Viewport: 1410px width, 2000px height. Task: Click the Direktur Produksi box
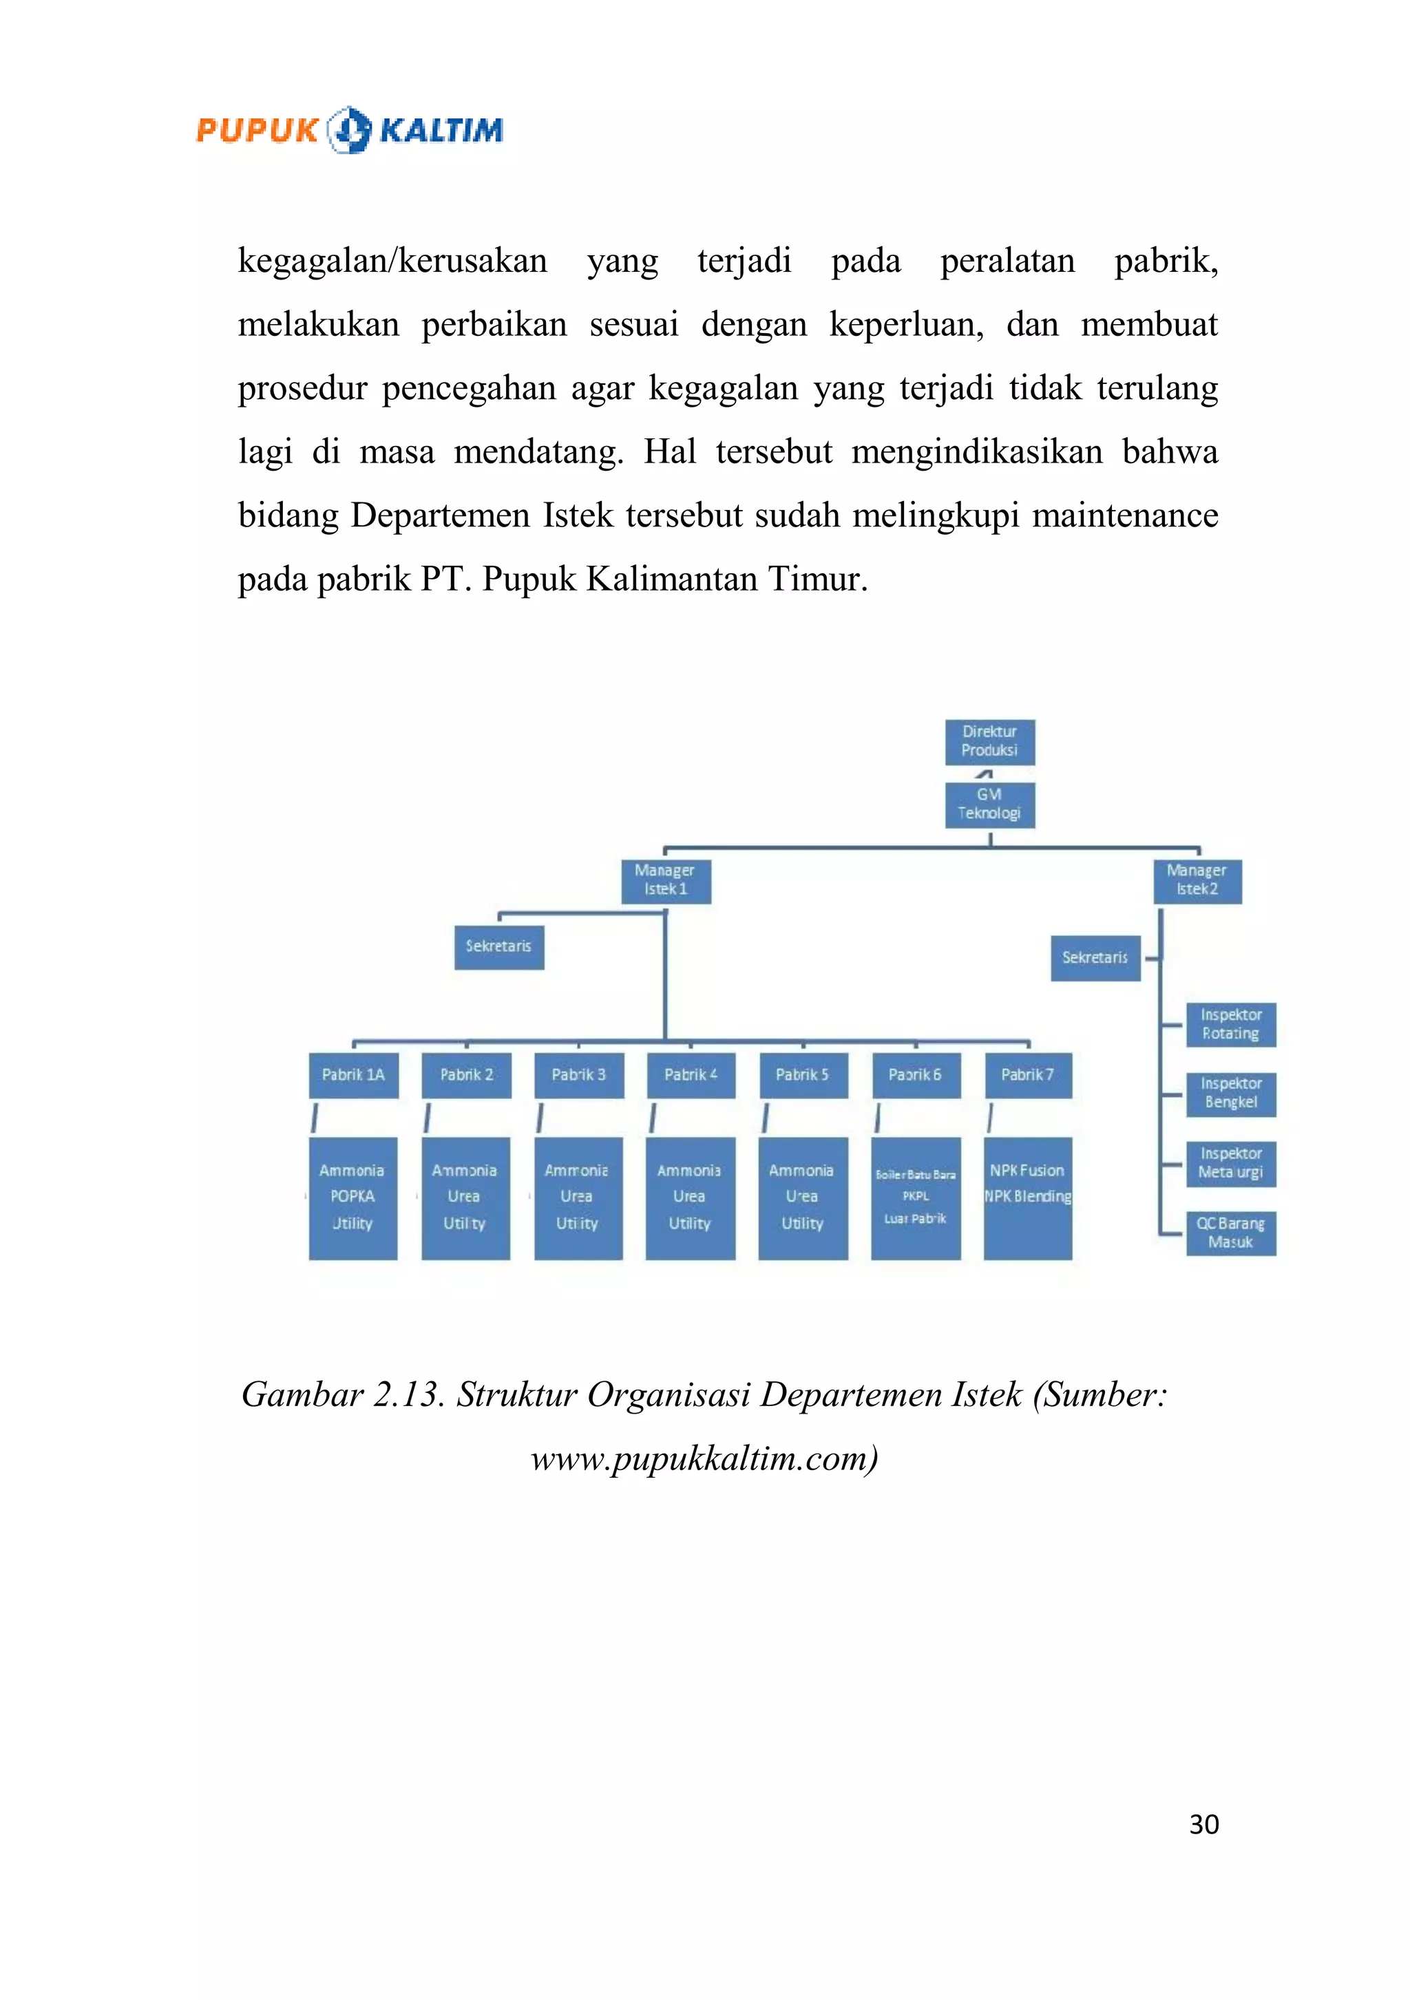tap(989, 741)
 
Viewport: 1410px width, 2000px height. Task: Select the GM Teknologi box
tap(989, 804)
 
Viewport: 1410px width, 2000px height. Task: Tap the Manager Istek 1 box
tap(665, 881)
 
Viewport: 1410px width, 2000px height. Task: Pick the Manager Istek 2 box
tap(1197, 881)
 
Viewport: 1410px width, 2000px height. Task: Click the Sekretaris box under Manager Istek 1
tap(498, 947)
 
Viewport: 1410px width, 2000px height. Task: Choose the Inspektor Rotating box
tap(1230, 1024)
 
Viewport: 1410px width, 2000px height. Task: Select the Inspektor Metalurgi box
tap(1230, 1164)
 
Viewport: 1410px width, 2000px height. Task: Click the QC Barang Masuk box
tap(1230, 1233)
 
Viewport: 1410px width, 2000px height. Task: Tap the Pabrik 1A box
tap(353, 1075)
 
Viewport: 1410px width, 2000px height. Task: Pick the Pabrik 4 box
tap(690, 1075)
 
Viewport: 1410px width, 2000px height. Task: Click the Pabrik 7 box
tap(1027, 1075)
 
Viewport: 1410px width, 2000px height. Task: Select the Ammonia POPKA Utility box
tap(353, 1198)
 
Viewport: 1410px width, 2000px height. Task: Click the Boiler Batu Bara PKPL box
tap(915, 1198)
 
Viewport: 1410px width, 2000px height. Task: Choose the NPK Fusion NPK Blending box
tap(1027, 1198)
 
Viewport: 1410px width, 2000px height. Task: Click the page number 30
tap(1203, 1824)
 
